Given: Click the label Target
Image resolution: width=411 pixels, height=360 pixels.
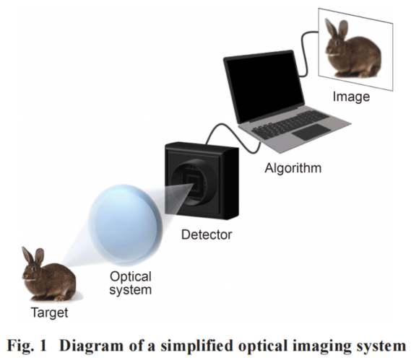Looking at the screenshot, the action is click(x=50, y=312).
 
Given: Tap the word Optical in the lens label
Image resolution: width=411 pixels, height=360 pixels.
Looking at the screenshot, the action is click(x=131, y=277).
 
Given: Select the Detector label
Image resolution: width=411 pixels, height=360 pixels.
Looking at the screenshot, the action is click(x=207, y=234).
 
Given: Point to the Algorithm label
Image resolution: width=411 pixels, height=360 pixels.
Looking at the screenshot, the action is click(x=293, y=168).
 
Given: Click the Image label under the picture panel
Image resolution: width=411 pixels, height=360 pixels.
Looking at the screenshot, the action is click(x=351, y=97).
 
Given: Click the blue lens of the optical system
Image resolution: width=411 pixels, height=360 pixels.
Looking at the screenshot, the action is click(x=126, y=224).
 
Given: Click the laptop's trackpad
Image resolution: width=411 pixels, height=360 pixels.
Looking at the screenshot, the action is click(x=311, y=132).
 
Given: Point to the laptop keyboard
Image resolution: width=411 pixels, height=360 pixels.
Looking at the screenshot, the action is click(x=290, y=124).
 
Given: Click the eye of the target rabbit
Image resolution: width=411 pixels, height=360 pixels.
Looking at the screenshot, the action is click(x=33, y=269).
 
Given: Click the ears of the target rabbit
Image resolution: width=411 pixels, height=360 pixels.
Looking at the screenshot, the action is click(x=33, y=255).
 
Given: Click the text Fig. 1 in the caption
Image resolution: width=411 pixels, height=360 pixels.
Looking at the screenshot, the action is click(x=27, y=346).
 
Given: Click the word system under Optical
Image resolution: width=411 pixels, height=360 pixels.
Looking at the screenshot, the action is click(x=131, y=290).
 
